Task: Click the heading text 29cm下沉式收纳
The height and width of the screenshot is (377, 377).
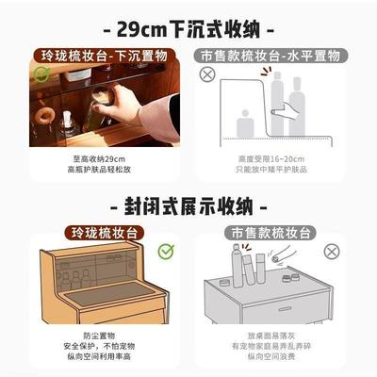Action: click(x=188, y=25)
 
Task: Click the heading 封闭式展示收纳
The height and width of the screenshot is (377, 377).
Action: click(x=188, y=205)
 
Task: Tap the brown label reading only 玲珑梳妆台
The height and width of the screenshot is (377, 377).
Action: click(x=103, y=231)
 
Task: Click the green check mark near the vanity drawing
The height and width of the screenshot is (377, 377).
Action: click(x=166, y=251)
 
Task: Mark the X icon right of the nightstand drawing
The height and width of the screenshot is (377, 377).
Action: click(x=331, y=252)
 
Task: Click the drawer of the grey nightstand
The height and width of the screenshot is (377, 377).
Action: click(x=280, y=308)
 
